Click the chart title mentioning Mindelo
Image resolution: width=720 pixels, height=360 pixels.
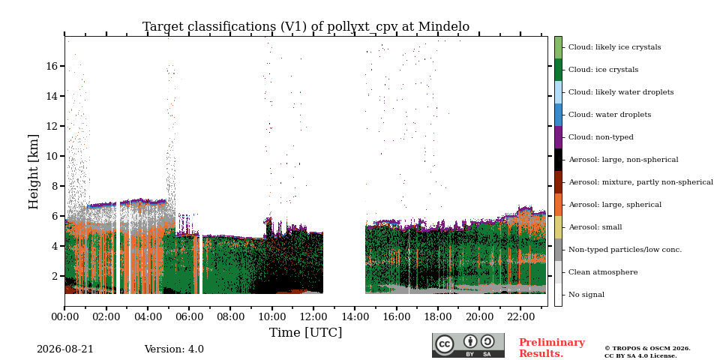click(x=306, y=27)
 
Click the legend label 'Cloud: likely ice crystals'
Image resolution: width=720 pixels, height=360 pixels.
click(x=614, y=46)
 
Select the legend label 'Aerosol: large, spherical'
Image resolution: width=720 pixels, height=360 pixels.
click(x=615, y=204)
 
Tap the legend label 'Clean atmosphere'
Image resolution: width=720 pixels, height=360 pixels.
click(x=603, y=271)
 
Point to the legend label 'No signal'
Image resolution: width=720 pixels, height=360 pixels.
click(x=586, y=294)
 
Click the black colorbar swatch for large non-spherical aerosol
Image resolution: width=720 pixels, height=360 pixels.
click(x=558, y=159)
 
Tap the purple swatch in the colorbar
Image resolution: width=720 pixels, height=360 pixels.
click(x=558, y=136)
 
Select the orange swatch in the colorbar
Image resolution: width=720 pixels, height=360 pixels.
click(x=558, y=204)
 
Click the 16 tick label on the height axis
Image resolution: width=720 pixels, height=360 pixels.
click(x=52, y=66)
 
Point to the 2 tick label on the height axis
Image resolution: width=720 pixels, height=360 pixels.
click(x=55, y=276)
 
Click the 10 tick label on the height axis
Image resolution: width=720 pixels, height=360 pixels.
click(x=52, y=156)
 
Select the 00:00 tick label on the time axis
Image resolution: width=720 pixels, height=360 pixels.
click(x=64, y=316)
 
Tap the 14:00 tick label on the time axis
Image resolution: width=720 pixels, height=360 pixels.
click(x=355, y=316)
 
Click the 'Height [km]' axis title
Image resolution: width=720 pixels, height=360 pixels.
click(x=34, y=172)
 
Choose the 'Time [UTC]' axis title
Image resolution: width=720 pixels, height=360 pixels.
click(x=306, y=332)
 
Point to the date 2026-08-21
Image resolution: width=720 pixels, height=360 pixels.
click(x=64, y=349)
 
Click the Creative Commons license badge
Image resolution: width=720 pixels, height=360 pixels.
click(x=468, y=345)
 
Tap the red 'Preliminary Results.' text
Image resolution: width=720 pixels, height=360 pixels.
click(x=552, y=347)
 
